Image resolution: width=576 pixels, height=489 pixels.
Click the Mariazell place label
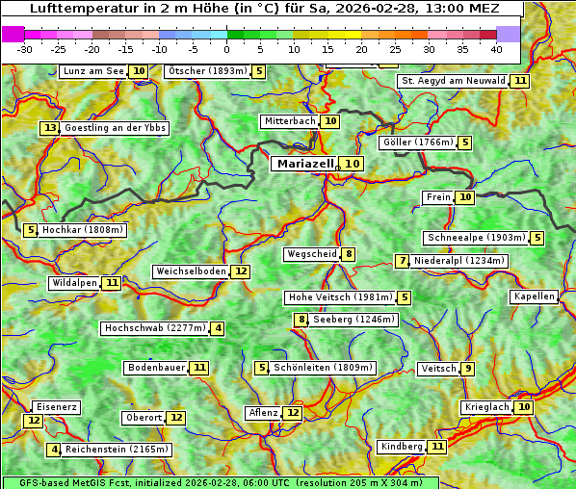click(x=304, y=164)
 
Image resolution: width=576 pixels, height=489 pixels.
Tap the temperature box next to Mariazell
click(x=353, y=164)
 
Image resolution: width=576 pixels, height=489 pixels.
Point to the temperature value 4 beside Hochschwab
click(x=219, y=328)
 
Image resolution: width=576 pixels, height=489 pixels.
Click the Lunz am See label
click(x=93, y=71)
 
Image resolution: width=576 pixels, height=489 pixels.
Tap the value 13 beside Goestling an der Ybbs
click(x=50, y=128)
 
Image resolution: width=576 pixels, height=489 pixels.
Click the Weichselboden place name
click(x=191, y=271)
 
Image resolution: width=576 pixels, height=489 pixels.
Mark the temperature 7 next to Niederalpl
click(x=403, y=261)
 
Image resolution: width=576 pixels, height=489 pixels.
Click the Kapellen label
click(x=534, y=296)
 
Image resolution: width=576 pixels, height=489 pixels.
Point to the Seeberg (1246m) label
click(x=353, y=320)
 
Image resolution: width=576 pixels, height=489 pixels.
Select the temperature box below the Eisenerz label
click(x=34, y=421)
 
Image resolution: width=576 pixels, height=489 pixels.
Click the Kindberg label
click(x=402, y=447)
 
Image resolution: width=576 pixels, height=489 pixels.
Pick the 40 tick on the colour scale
click(x=496, y=48)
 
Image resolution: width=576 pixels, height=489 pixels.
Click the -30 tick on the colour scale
click(x=25, y=48)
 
